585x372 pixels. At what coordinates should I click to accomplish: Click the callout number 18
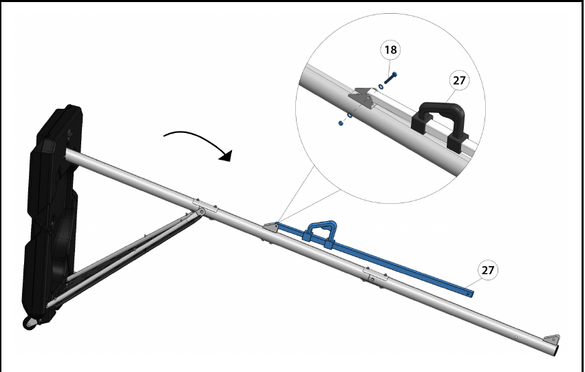click(390, 50)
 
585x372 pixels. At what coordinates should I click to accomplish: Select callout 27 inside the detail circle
click(459, 81)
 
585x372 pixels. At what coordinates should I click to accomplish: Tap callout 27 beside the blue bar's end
click(488, 270)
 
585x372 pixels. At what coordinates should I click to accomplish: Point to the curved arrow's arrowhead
click(226, 156)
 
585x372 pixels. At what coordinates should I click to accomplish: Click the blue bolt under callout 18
click(390, 78)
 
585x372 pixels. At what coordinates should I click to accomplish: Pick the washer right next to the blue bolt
click(381, 87)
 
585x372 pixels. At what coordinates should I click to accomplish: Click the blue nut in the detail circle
click(341, 123)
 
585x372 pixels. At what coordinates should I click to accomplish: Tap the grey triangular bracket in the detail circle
click(362, 98)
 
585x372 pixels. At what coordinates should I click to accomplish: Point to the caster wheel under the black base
click(30, 323)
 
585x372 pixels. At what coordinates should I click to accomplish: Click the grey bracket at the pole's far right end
click(552, 340)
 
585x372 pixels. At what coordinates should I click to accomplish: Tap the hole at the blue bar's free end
click(469, 294)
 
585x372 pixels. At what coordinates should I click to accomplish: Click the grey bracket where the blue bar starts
click(270, 227)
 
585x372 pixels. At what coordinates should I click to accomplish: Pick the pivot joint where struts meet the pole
click(202, 212)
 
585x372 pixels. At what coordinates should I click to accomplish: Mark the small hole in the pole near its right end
click(516, 338)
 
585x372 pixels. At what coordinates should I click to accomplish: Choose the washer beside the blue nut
click(350, 116)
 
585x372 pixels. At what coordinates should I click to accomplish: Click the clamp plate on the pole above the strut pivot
click(205, 206)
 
